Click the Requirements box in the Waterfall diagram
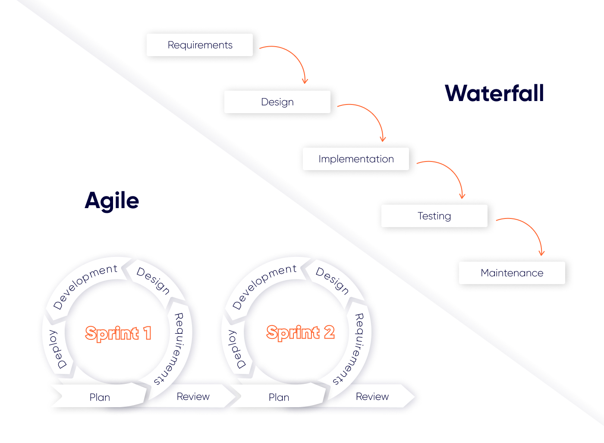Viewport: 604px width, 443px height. pos(200,45)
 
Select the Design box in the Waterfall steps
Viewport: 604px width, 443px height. pos(277,102)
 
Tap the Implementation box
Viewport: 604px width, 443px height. pos(356,159)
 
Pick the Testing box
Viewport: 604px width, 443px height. pos(434,216)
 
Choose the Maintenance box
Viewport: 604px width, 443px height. pos(512,273)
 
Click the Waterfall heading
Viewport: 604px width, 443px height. pos(494,93)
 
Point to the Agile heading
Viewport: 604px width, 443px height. pos(112,200)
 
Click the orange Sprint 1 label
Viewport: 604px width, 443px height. pos(118,333)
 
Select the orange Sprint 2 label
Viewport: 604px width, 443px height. pos(300,332)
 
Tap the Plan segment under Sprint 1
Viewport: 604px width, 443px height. pos(100,397)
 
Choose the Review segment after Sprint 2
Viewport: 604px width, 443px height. pos(372,396)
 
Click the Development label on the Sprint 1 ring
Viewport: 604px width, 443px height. pos(85,286)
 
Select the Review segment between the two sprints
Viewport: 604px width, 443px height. pos(193,396)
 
